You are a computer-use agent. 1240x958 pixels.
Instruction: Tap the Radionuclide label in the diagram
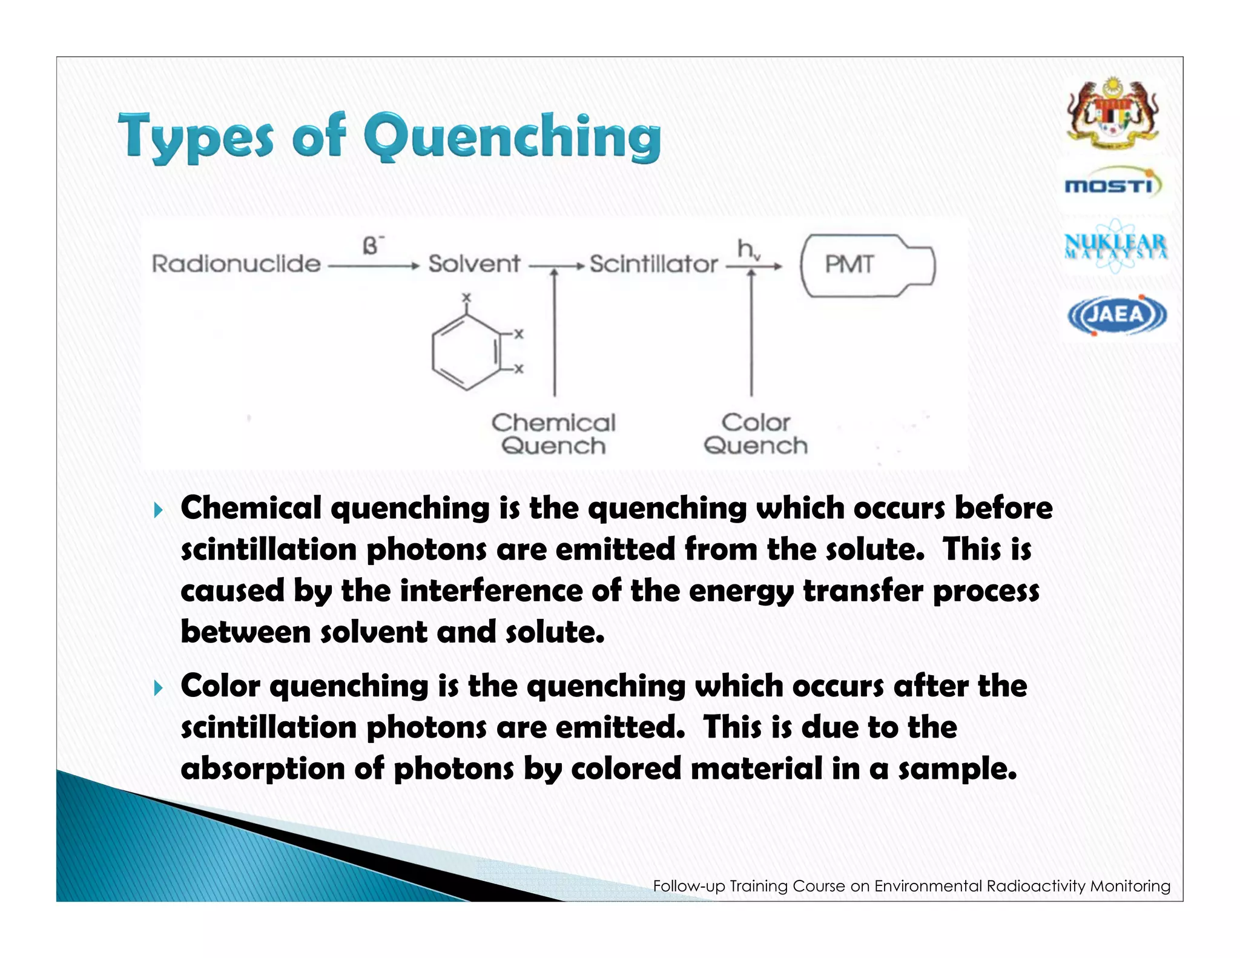(236, 264)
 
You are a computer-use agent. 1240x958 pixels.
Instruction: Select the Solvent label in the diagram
(474, 264)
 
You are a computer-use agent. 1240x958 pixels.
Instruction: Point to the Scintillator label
(653, 264)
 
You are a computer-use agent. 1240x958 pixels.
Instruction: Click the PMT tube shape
(867, 265)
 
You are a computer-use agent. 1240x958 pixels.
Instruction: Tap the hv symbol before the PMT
(747, 249)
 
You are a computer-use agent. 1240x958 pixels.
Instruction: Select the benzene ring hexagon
(466, 351)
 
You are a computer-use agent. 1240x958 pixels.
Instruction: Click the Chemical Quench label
(553, 434)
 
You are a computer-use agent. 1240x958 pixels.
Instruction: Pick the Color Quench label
(756, 434)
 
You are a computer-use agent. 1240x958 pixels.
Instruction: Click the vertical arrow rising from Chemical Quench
(555, 333)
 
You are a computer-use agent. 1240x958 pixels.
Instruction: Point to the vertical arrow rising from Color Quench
(751, 333)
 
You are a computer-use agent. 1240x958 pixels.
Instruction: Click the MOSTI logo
(1113, 183)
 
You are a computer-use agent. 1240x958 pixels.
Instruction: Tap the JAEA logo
(1116, 315)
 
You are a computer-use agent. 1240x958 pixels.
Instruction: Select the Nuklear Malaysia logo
(1115, 246)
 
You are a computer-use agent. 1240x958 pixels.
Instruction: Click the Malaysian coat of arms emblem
(1113, 113)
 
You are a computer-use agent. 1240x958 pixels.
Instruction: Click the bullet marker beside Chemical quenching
(159, 510)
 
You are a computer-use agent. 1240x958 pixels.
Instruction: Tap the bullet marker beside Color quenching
(159, 688)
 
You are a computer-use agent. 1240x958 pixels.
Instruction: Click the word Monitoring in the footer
(1130, 886)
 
